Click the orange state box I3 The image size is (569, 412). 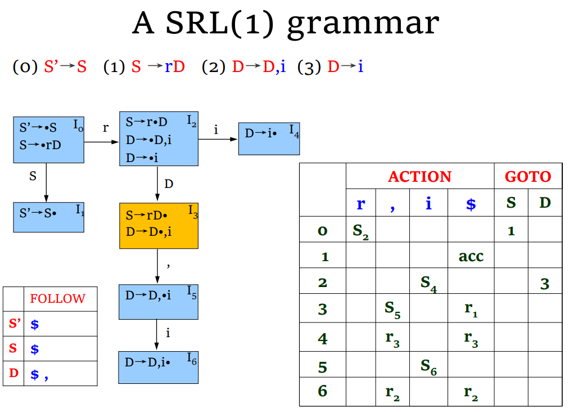point(159,226)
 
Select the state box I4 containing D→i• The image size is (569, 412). point(269,138)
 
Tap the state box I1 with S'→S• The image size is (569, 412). point(48,217)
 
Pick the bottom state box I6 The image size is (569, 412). point(159,367)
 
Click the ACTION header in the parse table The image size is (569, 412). point(419,177)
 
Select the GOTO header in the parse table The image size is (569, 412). point(527,177)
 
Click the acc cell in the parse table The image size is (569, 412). point(471,256)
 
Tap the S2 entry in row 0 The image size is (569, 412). point(360,231)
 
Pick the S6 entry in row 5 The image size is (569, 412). point(428,367)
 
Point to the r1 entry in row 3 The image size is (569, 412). point(471,309)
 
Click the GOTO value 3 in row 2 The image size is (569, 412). point(544,283)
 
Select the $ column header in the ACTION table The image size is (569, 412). point(471,204)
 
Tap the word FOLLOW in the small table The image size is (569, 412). point(58,299)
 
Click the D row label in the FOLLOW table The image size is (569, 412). point(13,373)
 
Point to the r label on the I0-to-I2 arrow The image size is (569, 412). point(105,128)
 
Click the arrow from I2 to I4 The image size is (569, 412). point(218,140)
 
